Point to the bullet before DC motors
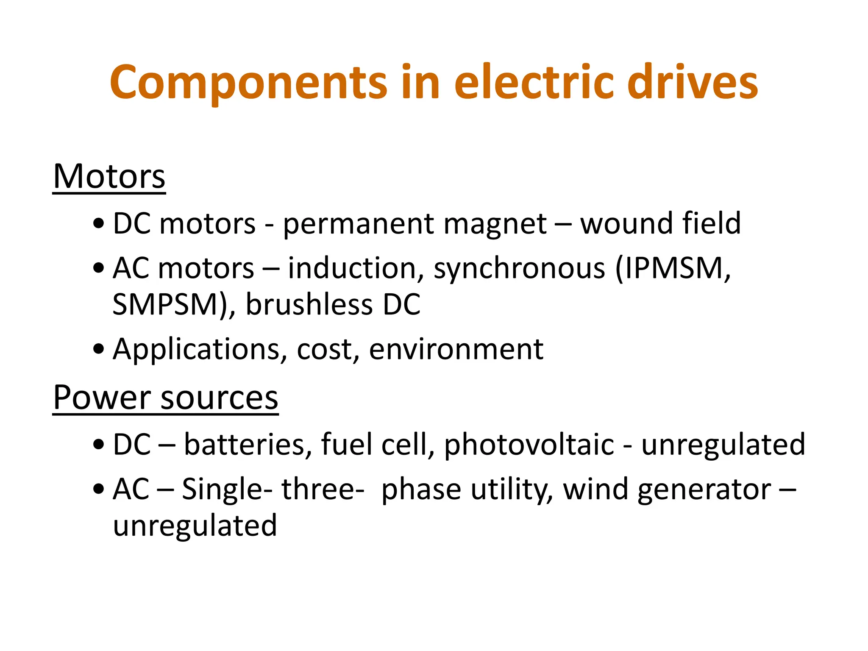click(98, 224)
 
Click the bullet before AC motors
click(98, 268)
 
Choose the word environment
click(456, 350)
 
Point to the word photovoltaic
click(529, 445)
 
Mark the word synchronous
click(519, 269)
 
